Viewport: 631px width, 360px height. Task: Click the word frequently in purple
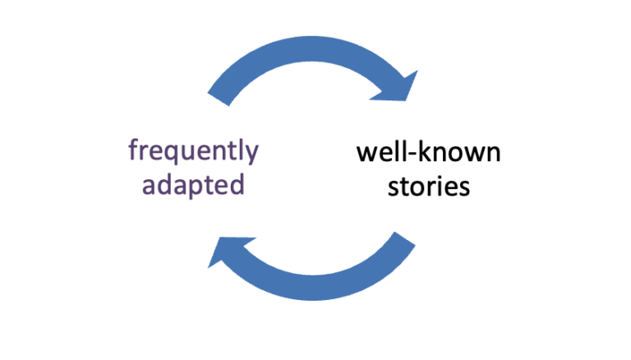(193, 152)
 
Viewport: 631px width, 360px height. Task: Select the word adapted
(193, 184)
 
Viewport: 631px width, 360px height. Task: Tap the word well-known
(428, 154)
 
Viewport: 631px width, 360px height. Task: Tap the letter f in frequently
(133, 151)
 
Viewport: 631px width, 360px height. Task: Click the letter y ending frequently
(251, 155)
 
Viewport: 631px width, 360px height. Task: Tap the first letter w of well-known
(365, 155)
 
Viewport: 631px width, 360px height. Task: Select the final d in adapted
(237, 183)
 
